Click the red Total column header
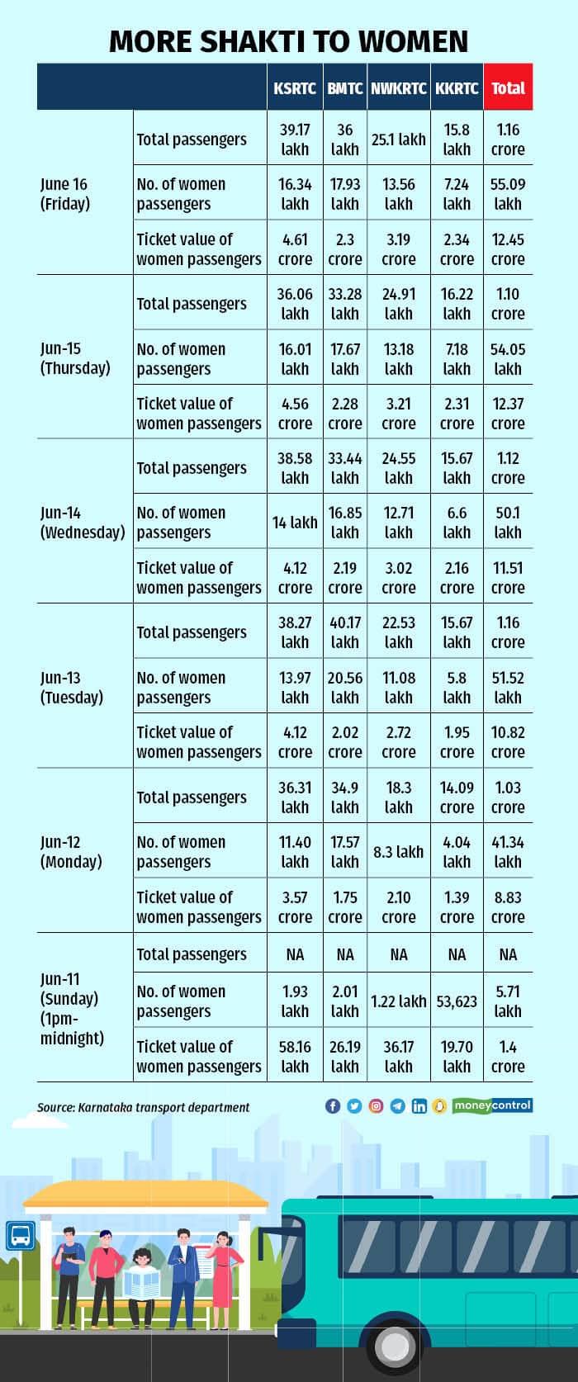coord(508,88)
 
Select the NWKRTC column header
coord(398,88)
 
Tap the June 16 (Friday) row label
coord(64,194)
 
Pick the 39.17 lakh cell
coord(295,140)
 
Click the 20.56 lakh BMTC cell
coord(345,687)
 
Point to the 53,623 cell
coord(457,1001)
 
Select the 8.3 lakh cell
coord(398,851)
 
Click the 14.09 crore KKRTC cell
coord(457,797)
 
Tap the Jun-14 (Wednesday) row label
coord(83,523)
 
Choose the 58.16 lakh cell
coord(295,1057)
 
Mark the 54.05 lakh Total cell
coord(508,359)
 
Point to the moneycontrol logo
coord(492,1105)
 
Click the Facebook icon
coord(333,1106)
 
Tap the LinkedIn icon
coord(419,1106)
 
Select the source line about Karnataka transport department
coord(143,1107)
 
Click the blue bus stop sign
coord(21,1236)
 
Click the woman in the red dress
coord(221,1271)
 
